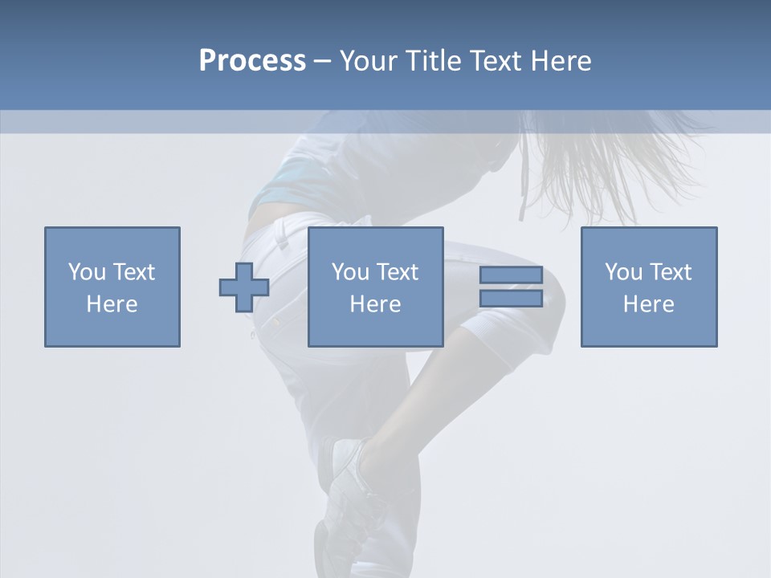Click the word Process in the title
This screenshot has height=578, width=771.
pyautogui.click(x=252, y=61)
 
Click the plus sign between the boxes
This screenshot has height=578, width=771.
pyautogui.click(x=244, y=287)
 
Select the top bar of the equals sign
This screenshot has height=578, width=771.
pyautogui.click(x=511, y=275)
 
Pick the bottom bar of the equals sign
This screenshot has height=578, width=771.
pyautogui.click(x=511, y=298)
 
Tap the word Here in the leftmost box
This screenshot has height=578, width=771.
pyautogui.click(x=112, y=304)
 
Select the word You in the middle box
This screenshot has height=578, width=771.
pyautogui.click(x=350, y=272)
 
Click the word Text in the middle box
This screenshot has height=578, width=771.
pyautogui.click(x=397, y=272)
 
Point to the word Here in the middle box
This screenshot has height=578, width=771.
pyautogui.click(x=375, y=304)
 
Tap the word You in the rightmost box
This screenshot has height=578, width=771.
pyautogui.click(x=623, y=272)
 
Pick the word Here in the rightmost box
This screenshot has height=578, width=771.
pyautogui.click(x=648, y=304)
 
